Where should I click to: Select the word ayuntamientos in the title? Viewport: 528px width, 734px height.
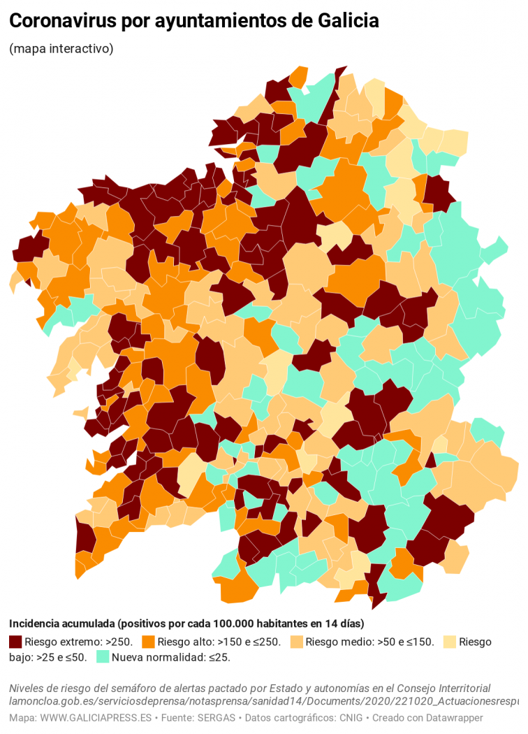pos(202,22)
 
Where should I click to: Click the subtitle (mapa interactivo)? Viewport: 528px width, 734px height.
pos(61,49)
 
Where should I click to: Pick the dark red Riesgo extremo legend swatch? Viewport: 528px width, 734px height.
pos(15,642)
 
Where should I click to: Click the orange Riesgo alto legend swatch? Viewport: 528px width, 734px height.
pos(148,642)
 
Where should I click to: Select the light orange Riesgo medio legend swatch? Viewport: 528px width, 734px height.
pos(296,642)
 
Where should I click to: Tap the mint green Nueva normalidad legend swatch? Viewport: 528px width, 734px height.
pos(102,657)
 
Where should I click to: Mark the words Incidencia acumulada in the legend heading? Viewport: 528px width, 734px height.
pos(61,624)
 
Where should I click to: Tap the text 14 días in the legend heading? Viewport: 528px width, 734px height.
pos(346,624)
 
